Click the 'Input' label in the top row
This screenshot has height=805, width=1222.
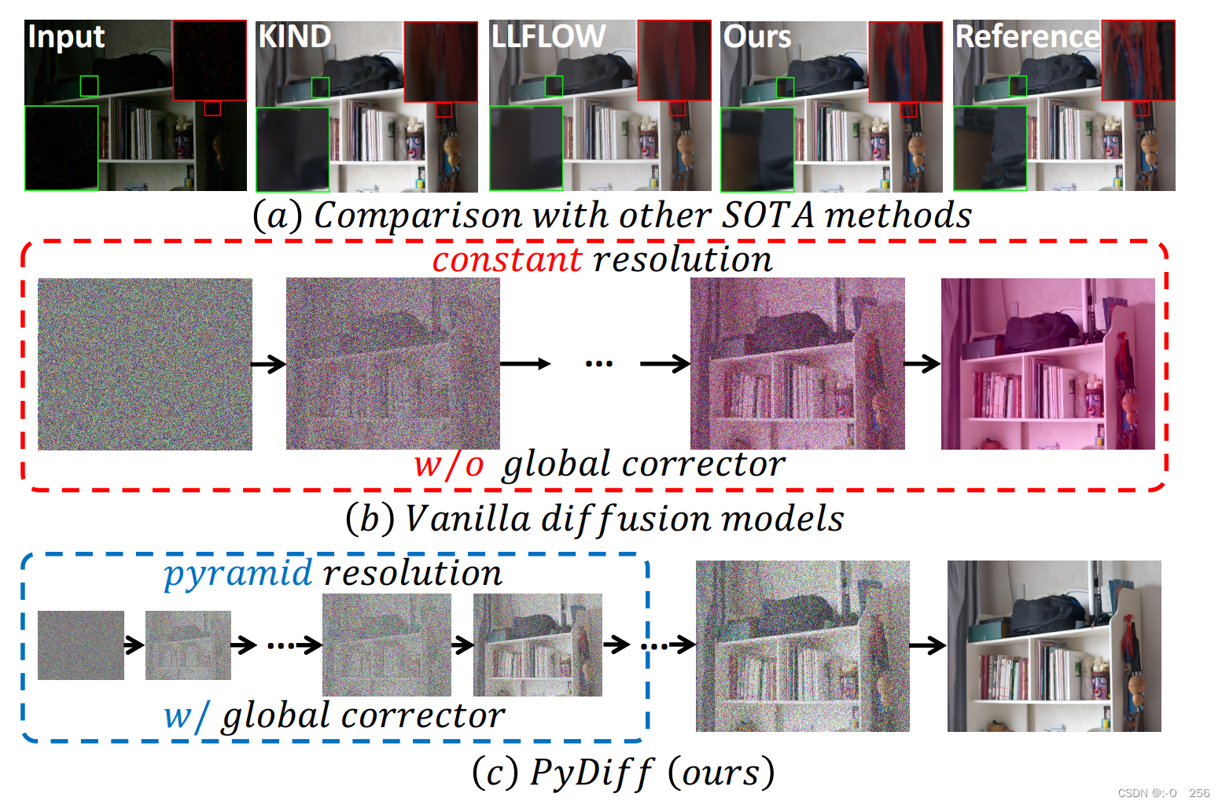(x=66, y=37)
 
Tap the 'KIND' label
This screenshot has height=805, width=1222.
(x=295, y=37)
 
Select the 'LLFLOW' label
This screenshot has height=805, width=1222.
(x=548, y=37)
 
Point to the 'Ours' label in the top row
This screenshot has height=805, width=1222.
(x=756, y=37)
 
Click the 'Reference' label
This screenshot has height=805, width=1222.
(x=1026, y=37)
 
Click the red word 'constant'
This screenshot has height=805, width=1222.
(x=506, y=259)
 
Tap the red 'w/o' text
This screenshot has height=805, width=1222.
(x=449, y=464)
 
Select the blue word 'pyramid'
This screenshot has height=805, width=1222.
(x=237, y=573)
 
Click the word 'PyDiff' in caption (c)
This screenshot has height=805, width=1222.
(x=591, y=773)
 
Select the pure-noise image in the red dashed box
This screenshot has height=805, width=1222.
(x=145, y=364)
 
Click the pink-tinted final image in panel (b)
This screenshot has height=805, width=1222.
(x=1047, y=364)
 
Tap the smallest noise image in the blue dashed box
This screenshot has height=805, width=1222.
(x=81, y=645)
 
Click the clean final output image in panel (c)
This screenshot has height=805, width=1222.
(x=1054, y=646)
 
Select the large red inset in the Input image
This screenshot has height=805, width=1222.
(x=209, y=61)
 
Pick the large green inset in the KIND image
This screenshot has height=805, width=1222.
(x=293, y=149)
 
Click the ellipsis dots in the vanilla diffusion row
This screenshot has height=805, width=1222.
(x=598, y=364)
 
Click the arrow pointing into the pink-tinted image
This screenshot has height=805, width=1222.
(x=922, y=364)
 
